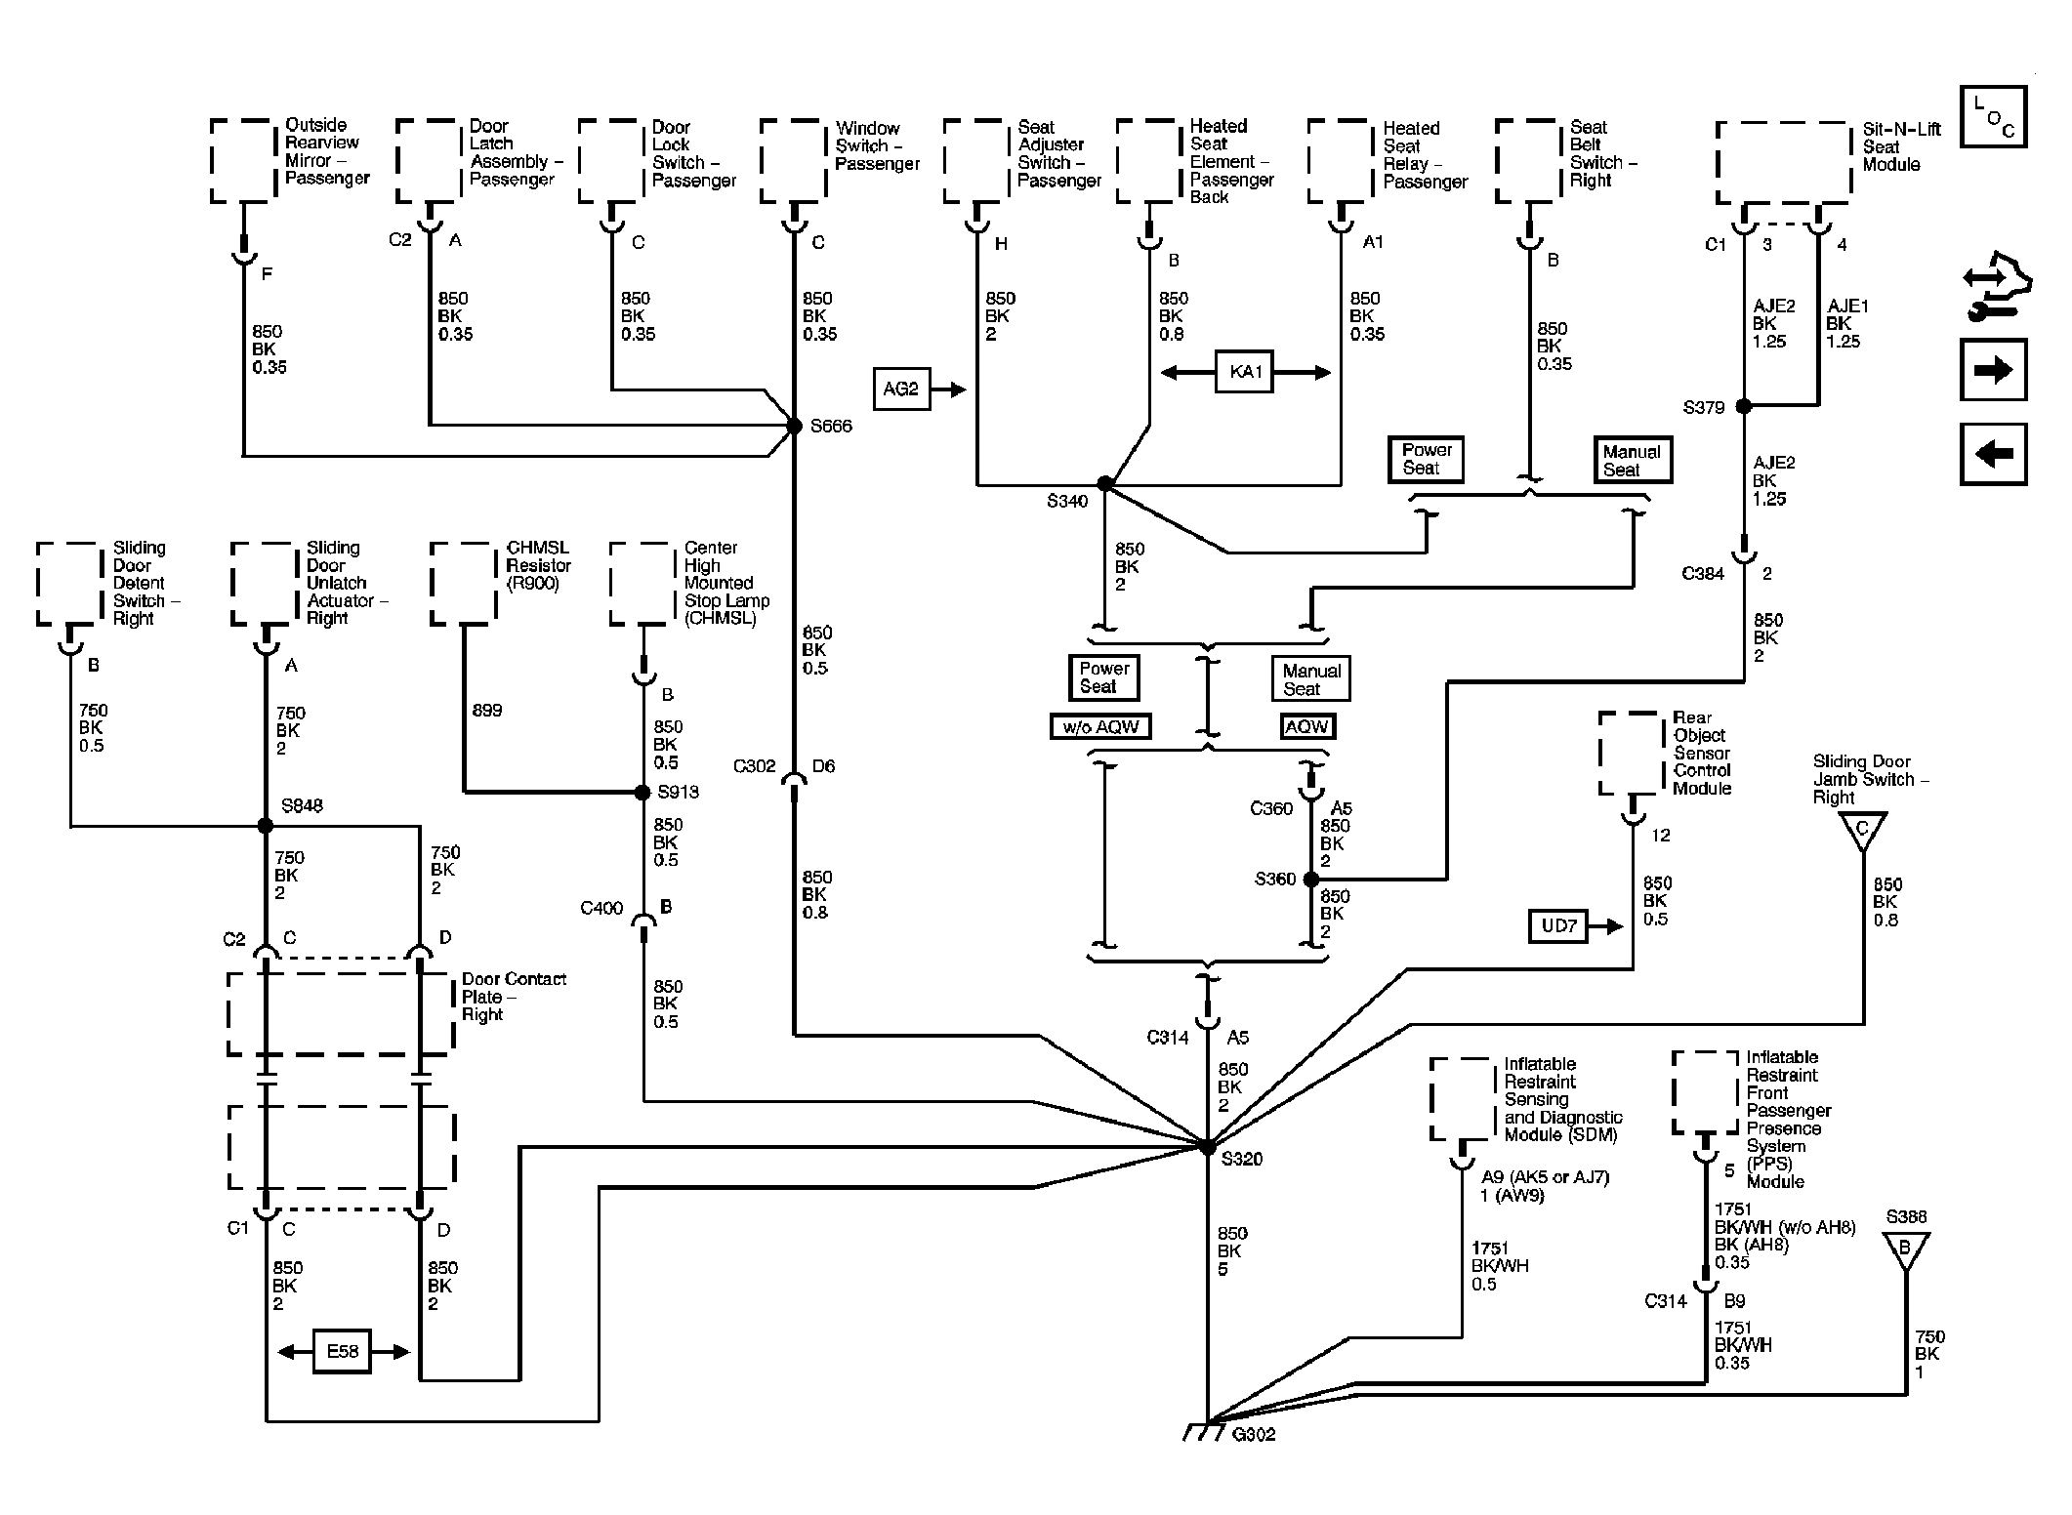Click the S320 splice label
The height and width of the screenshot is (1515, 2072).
[1242, 1159]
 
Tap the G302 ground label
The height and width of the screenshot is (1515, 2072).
[1254, 1434]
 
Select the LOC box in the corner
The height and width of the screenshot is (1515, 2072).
[1994, 116]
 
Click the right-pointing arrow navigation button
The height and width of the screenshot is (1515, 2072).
[1994, 370]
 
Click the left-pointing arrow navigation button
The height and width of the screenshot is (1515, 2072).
[1994, 454]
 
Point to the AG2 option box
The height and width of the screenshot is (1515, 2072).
[901, 389]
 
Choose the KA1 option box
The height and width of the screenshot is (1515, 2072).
[1245, 372]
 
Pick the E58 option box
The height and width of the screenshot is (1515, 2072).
[343, 1352]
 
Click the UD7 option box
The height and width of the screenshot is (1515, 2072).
[1559, 925]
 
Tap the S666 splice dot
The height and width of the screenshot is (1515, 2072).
[794, 426]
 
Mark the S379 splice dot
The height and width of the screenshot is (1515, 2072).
[1744, 406]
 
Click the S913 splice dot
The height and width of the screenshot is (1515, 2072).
[642, 792]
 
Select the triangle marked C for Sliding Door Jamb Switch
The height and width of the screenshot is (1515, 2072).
[1862, 830]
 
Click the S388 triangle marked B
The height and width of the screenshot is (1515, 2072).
[1905, 1249]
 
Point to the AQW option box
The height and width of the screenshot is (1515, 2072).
[1306, 726]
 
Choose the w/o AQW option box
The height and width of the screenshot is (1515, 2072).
[1101, 726]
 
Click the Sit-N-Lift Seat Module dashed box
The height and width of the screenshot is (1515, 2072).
[1784, 162]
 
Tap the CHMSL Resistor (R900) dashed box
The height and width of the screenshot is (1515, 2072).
[463, 584]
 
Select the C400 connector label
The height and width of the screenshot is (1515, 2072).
[601, 908]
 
